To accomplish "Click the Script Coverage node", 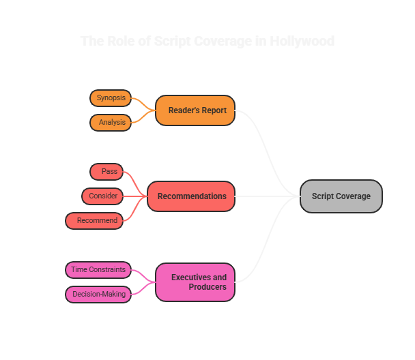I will [341, 196].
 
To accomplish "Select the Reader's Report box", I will [195, 110].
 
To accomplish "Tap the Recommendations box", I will [191, 196].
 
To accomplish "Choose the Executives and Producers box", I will [195, 282].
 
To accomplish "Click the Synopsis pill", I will [111, 98].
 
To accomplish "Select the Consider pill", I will [102, 196].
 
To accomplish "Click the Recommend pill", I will [95, 221].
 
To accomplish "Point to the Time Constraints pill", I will [98, 270].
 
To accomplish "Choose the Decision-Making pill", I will [98, 295].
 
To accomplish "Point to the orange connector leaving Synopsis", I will [140, 101].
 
